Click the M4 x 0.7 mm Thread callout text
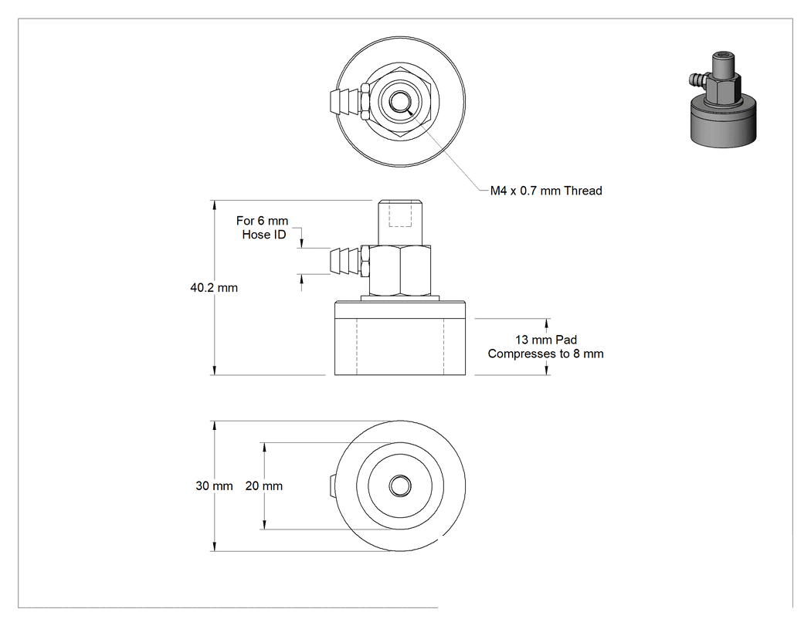[546, 191]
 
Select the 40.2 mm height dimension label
[214, 287]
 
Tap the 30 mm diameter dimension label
[214, 486]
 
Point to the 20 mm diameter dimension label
[264, 486]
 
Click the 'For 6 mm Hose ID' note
[263, 228]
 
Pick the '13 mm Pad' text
[545, 340]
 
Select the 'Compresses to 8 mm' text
[545, 354]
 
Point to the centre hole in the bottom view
[400, 486]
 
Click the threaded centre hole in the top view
[399, 101]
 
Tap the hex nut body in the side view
[400, 270]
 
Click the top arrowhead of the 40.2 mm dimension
[215, 205]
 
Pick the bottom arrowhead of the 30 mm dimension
[215, 546]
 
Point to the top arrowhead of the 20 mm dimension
[264, 448]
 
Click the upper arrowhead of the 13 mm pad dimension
[547, 323]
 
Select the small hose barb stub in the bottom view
[333, 486]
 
